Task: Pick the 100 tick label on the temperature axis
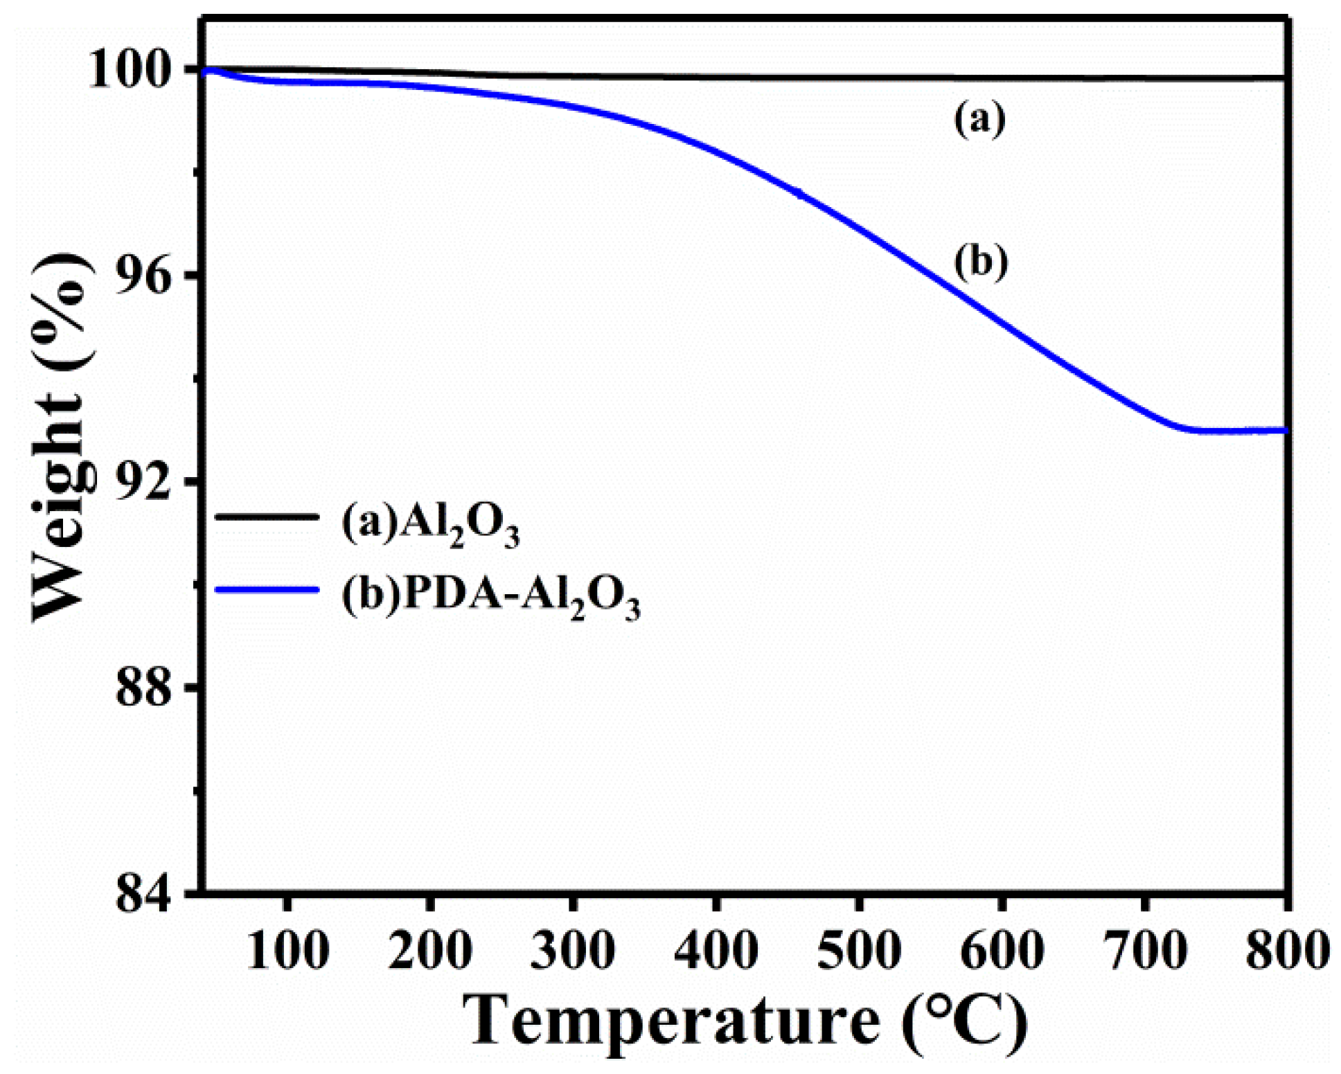[287, 950]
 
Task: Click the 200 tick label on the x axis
[430, 950]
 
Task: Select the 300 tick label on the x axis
[574, 950]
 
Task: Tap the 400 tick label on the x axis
[716, 950]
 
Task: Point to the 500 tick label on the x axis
[859, 950]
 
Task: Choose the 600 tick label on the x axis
[1002, 950]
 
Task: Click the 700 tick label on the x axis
[1144, 950]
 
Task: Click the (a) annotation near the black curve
[979, 120]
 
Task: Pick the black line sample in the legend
[267, 516]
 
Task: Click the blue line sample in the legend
[267, 590]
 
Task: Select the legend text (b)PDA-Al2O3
[490, 596]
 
